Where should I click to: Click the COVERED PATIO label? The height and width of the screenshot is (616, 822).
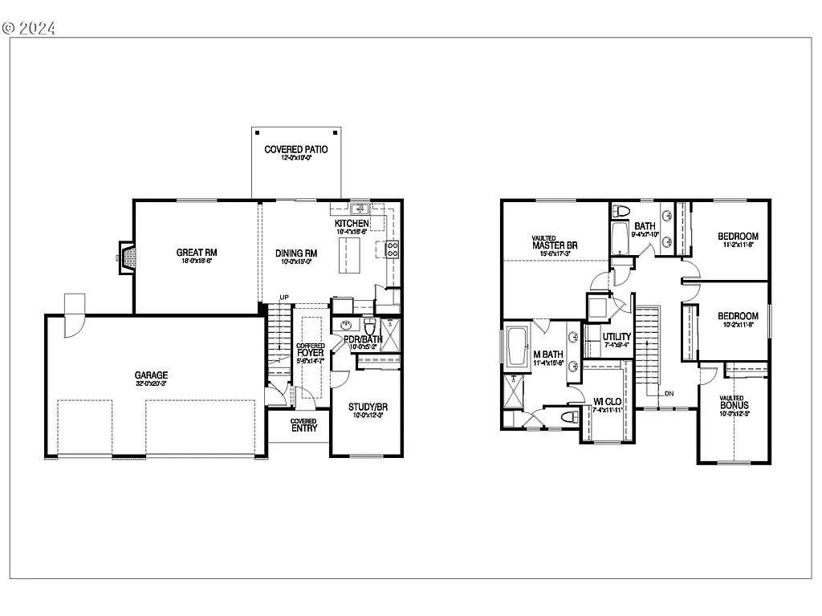coord(296,149)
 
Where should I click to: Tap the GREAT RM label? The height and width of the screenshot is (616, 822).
coord(197,253)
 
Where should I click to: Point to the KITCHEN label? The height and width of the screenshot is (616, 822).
coord(352,223)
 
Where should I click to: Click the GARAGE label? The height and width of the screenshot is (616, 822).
coord(151,375)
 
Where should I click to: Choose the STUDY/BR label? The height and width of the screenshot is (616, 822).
coord(368,407)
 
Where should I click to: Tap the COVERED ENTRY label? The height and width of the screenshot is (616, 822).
coord(304,424)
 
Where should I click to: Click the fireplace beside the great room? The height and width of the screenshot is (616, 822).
coord(128,257)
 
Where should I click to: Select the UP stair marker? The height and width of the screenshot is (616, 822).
coord(284,298)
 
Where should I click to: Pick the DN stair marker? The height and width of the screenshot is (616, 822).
coord(669,393)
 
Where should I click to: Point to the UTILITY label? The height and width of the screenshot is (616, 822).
coord(616,337)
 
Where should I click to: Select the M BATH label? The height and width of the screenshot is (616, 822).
coord(549,355)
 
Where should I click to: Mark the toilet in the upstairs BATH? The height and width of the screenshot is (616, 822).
coord(621,211)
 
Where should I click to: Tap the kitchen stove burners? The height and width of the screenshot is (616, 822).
coord(393,249)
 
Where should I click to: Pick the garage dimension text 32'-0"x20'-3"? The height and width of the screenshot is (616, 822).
coord(151,384)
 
